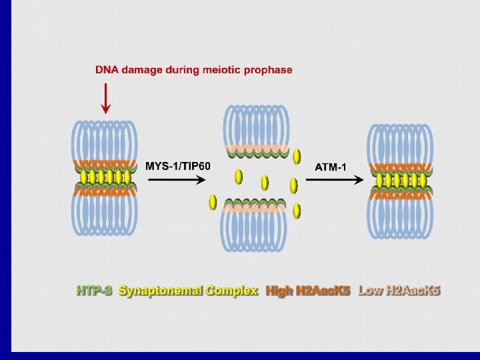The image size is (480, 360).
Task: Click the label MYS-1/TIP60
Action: pyautogui.click(x=178, y=166)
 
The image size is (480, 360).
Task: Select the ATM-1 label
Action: pyautogui.click(x=331, y=166)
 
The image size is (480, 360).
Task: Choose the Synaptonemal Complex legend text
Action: pyautogui.click(x=188, y=291)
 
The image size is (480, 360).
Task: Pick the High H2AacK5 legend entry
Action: pyautogui.click(x=308, y=291)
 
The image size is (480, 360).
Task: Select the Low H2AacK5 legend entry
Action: pyautogui.click(x=399, y=291)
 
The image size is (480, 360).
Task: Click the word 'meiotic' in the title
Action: pyautogui.click(x=216, y=69)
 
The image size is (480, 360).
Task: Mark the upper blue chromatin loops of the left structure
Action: pyautogui.click(x=105, y=140)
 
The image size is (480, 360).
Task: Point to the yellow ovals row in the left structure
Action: pyautogui.click(x=105, y=177)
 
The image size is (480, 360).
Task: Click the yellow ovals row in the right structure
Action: pyautogui.click(x=401, y=180)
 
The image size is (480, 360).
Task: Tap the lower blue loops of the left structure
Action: pyautogui.click(x=105, y=213)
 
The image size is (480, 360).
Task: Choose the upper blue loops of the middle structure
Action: pyautogui.click(x=257, y=125)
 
